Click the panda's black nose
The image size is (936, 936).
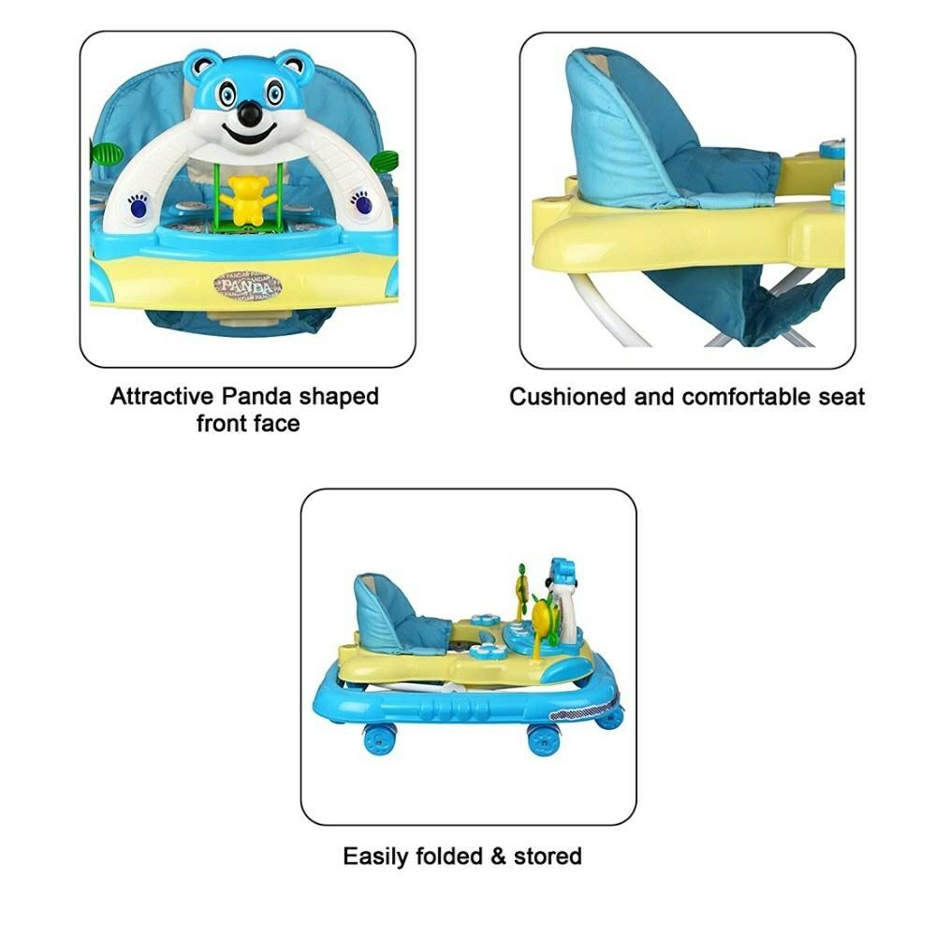click(x=250, y=112)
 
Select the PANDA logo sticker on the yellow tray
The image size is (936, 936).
click(x=248, y=285)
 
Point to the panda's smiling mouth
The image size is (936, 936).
click(x=250, y=136)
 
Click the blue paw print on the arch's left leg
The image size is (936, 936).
click(x=138, y=205)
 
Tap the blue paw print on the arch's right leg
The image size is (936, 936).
click(x=360, y=203)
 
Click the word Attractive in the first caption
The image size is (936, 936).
click(x=162, y=396)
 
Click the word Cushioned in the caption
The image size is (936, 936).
click(x=568, y=397)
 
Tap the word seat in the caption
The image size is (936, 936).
click(x=841, y=398)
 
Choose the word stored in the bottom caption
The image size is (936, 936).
click(x=548, y=856)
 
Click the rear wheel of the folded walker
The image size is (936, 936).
click(x=379, y=739)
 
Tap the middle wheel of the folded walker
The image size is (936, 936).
click(x=544, y=740)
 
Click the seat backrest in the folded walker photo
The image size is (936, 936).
click(x=382, y=609)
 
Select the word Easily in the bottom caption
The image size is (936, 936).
click(x=375, y=856)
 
